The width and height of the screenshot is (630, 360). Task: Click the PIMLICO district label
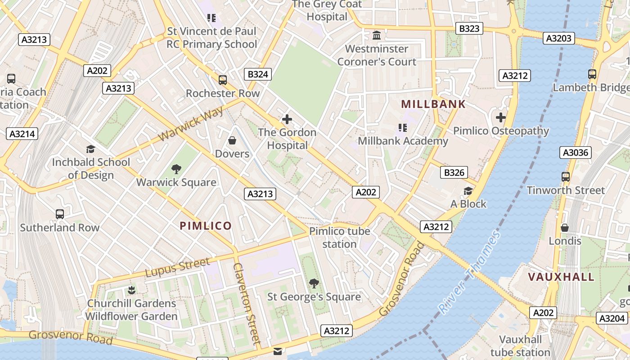coord(206,226)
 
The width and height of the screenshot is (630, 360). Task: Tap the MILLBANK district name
coord(433,104)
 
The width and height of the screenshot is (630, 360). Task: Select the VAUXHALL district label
coord(561,277)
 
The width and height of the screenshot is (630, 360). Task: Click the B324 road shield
coord(258,74)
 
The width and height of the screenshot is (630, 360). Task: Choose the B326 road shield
coord(454,172)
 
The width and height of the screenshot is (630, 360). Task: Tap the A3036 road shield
coord(576,153)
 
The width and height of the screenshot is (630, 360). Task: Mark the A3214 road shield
coord(22,134)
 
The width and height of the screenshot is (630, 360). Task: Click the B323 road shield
coord(469,28)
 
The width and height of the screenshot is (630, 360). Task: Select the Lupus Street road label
coord(177,268)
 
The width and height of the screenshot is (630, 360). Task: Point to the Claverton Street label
coord(247,304)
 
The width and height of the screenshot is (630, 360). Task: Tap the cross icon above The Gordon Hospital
coord(287,119)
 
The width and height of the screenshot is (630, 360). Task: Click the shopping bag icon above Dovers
coord(232,141)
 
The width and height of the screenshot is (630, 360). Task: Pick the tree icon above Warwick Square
coord(176,169)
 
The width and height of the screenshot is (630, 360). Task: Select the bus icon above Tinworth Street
coord(566,177)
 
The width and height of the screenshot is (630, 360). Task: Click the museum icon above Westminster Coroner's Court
coord(377,35)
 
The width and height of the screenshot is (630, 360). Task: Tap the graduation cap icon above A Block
coord(468,191)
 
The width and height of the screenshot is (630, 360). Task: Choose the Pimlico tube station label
coord(339,238)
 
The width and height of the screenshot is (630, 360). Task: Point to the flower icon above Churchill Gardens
coord(131,290)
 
